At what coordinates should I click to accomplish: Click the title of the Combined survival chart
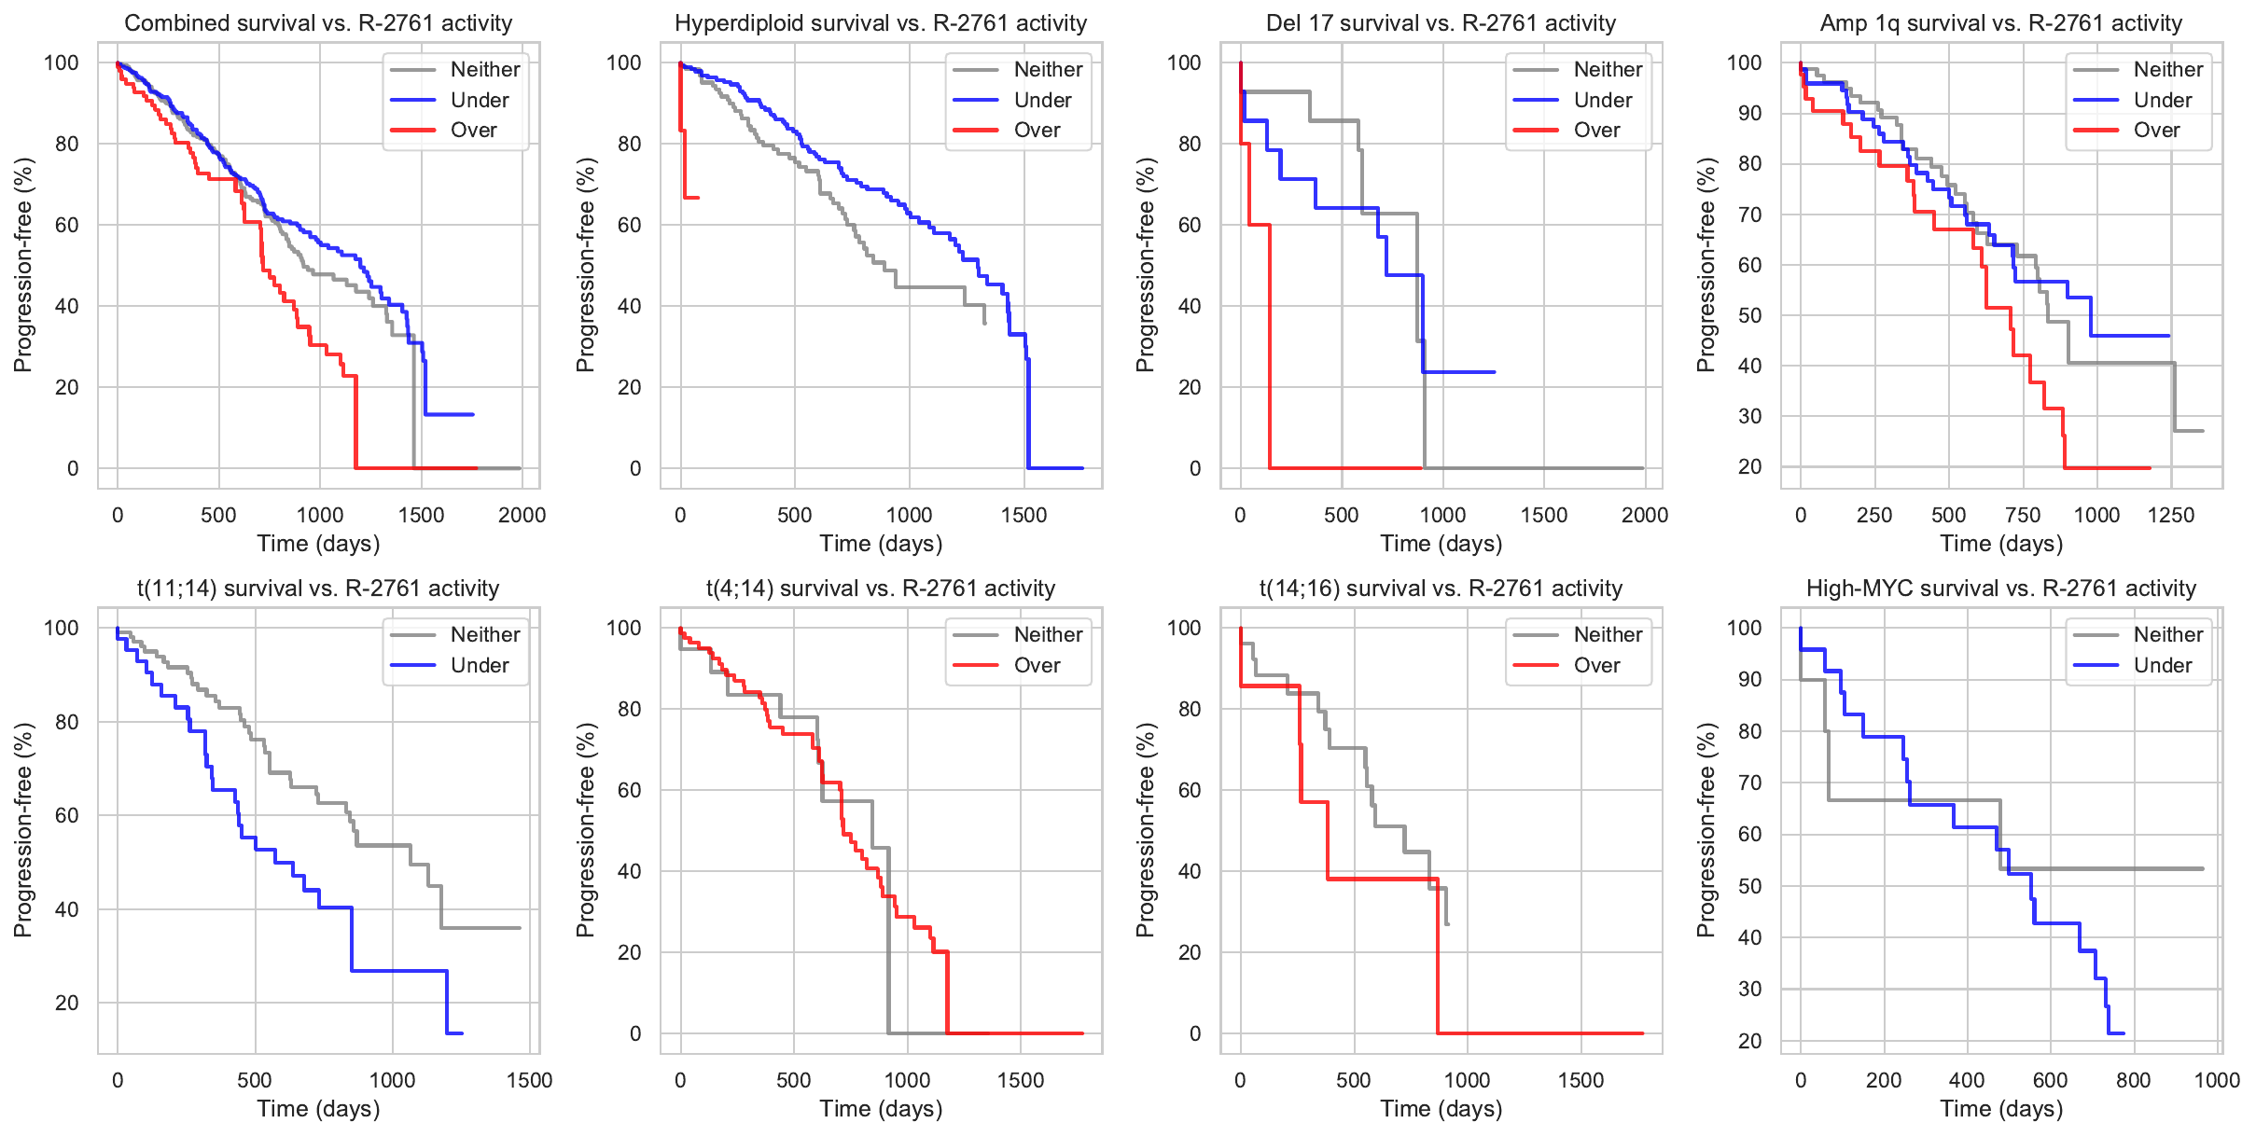click(x=318, y=23)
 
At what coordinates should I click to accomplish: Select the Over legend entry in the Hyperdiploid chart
click(x=1037, y=131)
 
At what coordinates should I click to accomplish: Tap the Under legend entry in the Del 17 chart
click(x=1602, y=100)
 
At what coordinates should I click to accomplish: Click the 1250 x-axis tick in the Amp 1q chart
click(x=2171, y=515)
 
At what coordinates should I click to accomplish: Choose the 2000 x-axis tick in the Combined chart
click(x=522, y=515)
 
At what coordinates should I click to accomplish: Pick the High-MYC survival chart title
click(x=2001, y=589)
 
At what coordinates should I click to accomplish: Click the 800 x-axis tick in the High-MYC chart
click(x=2134, y=1080)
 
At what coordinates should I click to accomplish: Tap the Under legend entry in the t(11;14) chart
click(x=480, y=665)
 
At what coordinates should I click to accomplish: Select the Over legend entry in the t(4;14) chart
click(x=1037, y=665)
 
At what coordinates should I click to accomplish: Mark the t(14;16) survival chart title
click(x=1441, y=589)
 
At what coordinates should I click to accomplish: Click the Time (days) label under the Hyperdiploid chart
click(x=881, y=544)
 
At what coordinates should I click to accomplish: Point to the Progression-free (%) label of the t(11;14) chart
click(x=23, y=830)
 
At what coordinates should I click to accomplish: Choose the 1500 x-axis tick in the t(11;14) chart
click(x=529, y=1080)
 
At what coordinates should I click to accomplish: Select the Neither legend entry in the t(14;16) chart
click(x=1608, y=634)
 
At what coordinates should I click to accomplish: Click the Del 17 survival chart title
click(x=1441, y=23)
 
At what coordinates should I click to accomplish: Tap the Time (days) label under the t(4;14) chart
click(x=881, y=1109)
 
